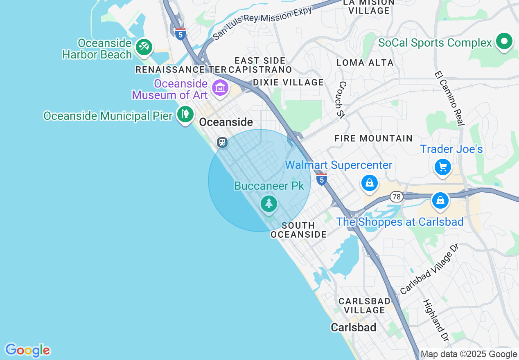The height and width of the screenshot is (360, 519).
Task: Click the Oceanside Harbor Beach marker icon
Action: pyautogui.click(x=144, y=47)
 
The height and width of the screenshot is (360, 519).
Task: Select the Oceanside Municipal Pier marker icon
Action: pyautogui.click(x=185, y=114)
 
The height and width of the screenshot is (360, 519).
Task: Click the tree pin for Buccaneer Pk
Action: pyautogui.click(x=269, y=204)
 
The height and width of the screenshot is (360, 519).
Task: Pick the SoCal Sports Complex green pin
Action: pyautogui.click(x=504, y=42)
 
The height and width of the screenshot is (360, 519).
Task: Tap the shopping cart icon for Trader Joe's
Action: pyautogui.click(x=442, y=167)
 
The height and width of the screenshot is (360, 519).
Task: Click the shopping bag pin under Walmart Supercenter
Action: pyautogui.click(x=370, y=183)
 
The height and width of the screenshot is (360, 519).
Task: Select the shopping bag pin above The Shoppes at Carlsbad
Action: pyautogui.click(x=440, y=201)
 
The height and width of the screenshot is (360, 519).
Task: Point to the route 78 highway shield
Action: pyautogui.click(x=396, y=197)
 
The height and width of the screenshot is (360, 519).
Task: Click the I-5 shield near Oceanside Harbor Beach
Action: pyautogui.click(x=180, y=34)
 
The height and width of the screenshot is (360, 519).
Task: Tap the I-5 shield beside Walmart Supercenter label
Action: pyautogui.click(x=321, y=179)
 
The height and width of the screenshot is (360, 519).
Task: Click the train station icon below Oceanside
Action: pyautogui.click(x=222, y=142)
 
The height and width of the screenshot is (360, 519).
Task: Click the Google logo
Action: pyautogui.click(x=27, y=350)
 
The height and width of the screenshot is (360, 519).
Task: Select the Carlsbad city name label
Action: pyautogui.click(x=353, y=328)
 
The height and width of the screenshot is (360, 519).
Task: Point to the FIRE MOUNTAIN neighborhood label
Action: pyautogui.click(x=373, y=138)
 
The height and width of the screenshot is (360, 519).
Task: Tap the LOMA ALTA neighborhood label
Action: pyautogui.click(x=365, y=63)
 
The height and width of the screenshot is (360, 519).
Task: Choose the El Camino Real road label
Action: pyautogui.click(x=449, y=99)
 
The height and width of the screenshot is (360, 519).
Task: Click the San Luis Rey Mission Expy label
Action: pyautogui.click(x=262, y=23)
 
